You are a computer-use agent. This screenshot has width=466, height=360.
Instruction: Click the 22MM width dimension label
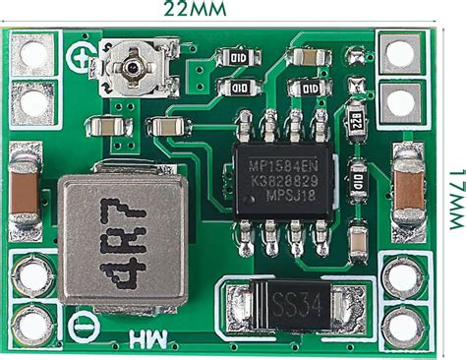coord(197,12)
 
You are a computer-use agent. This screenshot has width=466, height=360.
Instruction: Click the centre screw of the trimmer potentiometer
coord(133,65)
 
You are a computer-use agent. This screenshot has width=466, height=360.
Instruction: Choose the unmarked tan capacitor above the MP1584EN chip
coord(309,58)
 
